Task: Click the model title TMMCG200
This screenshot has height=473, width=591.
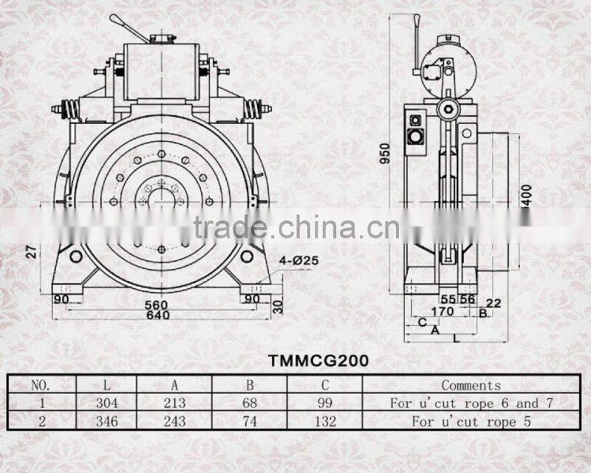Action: pos(318,361)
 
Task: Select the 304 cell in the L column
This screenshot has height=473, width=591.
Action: pos(107,403)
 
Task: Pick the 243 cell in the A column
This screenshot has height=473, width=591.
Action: pos(174,422)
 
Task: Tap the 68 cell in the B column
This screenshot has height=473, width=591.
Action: pos(250,403)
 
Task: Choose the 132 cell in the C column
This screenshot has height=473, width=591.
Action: pos(325,422)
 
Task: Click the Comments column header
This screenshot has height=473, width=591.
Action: pos(471,384)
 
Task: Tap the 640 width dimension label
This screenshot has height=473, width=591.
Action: pos(157,316)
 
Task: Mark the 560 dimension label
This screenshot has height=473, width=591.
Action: pos(157,304)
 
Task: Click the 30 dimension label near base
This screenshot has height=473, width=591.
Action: pos(278,304)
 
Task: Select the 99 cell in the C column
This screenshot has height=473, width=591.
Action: pos(325,403)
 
